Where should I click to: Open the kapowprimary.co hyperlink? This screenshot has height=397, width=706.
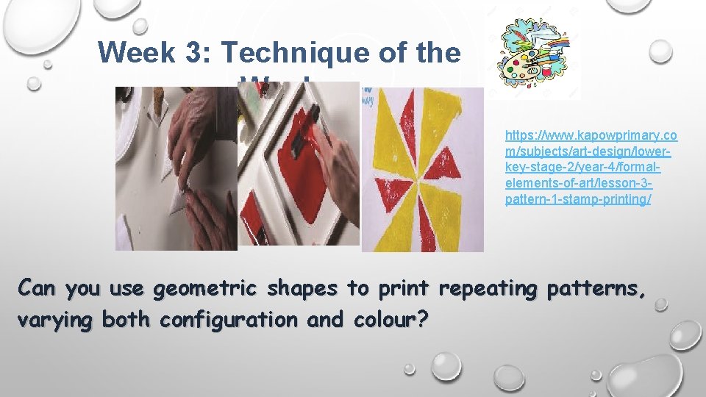[x=591, y=136]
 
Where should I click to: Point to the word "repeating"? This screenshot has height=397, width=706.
[x=487, y=289]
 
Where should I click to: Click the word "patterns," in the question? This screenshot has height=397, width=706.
[x=596, y=289]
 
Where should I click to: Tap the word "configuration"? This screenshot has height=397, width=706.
[x=228, y=320]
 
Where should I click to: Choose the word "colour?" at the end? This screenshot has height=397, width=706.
[x=391, y=320]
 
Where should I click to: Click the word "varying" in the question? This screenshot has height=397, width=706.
[x=57, y=320]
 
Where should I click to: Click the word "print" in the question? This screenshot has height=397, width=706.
[x=404, y=289]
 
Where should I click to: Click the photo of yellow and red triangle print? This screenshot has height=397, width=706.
[x=422, y=169]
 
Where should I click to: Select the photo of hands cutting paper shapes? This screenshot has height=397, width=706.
[x=176, y=169]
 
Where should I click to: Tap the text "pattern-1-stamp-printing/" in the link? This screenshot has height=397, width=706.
[x=577, y=200]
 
